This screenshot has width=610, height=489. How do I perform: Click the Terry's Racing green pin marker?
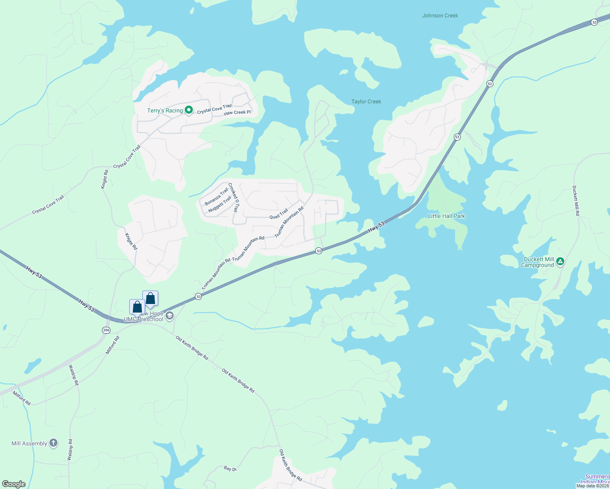pos(189,110)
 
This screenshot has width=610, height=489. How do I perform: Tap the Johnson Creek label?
pos(440,16)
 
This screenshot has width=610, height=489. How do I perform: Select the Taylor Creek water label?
pos(366,102)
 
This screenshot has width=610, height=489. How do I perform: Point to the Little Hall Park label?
pos(446,216)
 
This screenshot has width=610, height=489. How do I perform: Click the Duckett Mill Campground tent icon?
pos(560,261)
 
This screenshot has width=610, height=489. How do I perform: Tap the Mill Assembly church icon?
pos(53,443)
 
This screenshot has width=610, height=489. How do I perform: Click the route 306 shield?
pos(106,330)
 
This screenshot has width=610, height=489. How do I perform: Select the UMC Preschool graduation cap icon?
pos(170,315)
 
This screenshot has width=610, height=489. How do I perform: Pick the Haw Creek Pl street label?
pos(237,112)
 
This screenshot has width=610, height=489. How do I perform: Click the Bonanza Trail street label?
pos(216,196)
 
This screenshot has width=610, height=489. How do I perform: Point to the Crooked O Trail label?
pos(233,198)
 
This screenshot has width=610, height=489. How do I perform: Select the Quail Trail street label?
pos(278,214)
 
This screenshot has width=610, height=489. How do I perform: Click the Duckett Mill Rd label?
pos(576,201)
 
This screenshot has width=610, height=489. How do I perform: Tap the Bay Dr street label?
pos(230,469)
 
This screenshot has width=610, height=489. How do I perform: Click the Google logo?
pos(14,484)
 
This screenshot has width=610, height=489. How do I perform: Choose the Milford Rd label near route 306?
pos(113,345)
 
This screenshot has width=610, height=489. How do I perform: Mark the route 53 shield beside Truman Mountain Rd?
pos(198,297)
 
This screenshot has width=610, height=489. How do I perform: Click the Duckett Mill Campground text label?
pos(537,262)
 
